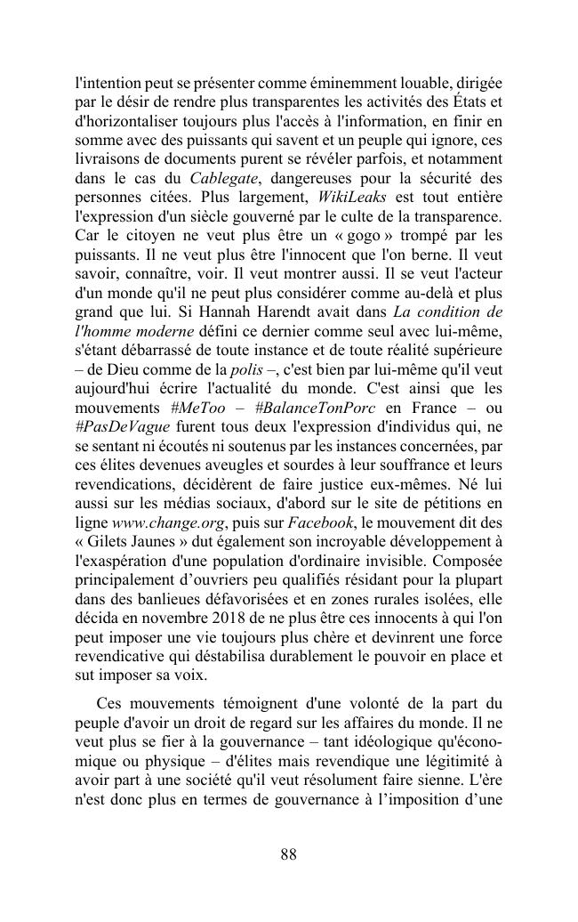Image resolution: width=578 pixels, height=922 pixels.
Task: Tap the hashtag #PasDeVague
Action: (118, 429)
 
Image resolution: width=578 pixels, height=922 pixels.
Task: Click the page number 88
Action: (288, 855)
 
